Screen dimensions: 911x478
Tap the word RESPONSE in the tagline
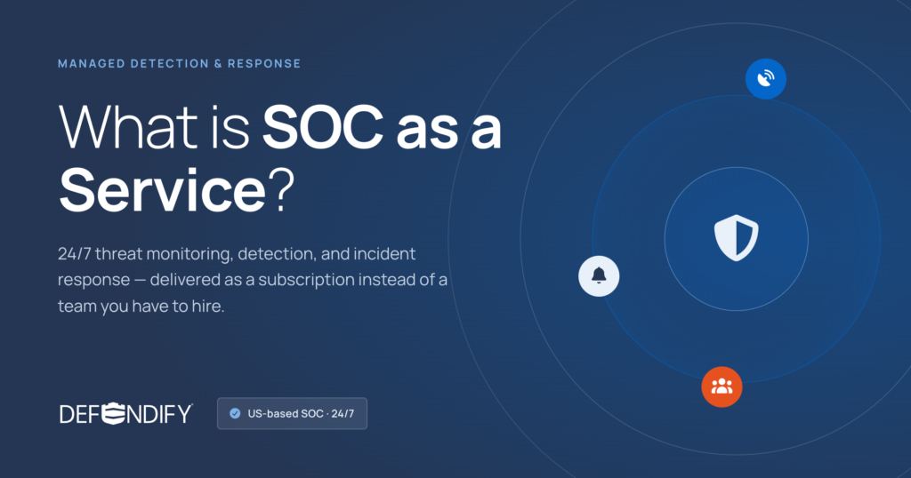[x=264, y=64]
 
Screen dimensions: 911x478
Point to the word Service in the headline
[x=163, y=190]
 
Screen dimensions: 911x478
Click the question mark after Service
[x=282, y=190]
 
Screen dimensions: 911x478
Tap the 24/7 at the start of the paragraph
[x=75, y=253]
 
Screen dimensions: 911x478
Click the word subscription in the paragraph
[x=306, y=280]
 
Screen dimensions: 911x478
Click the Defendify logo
[x=126, y=414]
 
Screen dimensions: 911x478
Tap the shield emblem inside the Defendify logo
[x=113, y=414]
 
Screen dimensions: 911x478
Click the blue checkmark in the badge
[x=235, y=414]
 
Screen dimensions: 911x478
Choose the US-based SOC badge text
[x=301, y=414]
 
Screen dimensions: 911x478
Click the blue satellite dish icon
[x=766, y=79]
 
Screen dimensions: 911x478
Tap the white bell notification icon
[x=599, y=276]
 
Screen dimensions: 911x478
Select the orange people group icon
[x=722, y=386]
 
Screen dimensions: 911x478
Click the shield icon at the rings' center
[x=736, y=238]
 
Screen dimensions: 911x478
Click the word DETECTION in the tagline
[x=170, y=64]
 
